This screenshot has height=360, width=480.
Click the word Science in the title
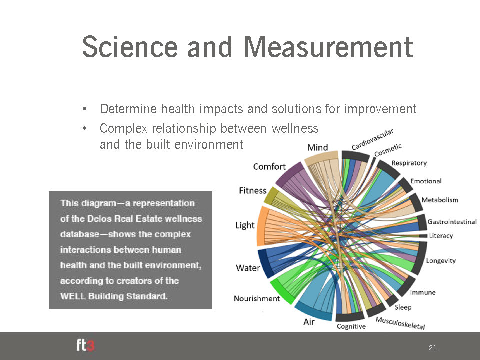click(x=130, y=47)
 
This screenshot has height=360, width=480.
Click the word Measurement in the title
click(x=329, y=47)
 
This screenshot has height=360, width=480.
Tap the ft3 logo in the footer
click(x=85, y=345)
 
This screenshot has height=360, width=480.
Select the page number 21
click(x=433, y=348)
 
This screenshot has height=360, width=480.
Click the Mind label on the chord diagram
click(x=318, y=148)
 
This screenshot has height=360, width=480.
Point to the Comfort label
click(x=269, y=167)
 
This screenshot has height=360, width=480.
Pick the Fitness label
click(x=253, y=190)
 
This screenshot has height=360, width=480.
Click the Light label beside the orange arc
click(x=245, y=225)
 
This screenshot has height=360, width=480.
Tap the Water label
click(x=248, y=268)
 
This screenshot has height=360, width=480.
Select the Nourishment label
click(x=257, y=299)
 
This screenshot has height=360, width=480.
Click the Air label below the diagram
click(x=309, y=322)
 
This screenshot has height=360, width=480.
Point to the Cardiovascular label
click(x=372, y=139)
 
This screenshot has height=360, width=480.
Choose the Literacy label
click(x=441, y=236)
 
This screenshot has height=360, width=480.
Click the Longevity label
click(x=441, y=261)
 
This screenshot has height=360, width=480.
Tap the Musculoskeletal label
click(x=400, y=323)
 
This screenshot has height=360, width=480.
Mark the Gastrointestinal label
click(x=452, y=222)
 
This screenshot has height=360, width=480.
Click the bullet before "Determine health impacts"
click(x=85, y=109)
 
